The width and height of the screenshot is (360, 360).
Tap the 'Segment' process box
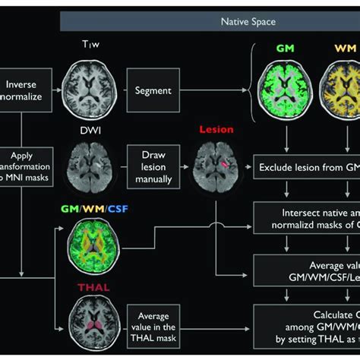click(153, 90)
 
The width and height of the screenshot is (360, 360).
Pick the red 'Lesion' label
click(216, 129)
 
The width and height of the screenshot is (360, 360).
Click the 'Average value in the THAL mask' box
click(153, 322)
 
